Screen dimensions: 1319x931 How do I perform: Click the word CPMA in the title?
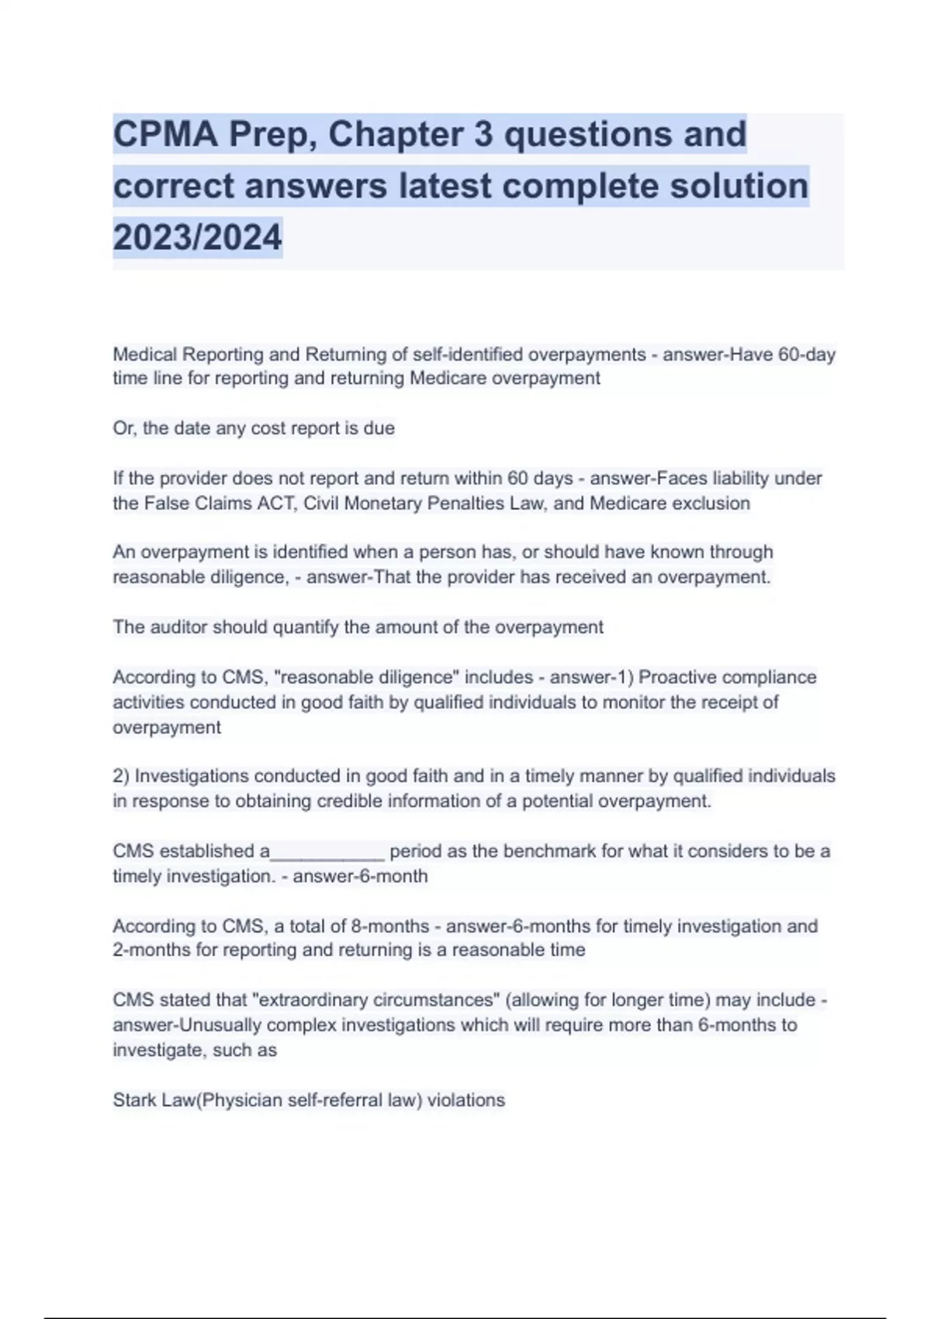tap(165, 134)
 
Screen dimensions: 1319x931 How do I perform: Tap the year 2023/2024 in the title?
tap(198, 237)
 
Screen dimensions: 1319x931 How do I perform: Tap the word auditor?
tap(178, 627)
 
